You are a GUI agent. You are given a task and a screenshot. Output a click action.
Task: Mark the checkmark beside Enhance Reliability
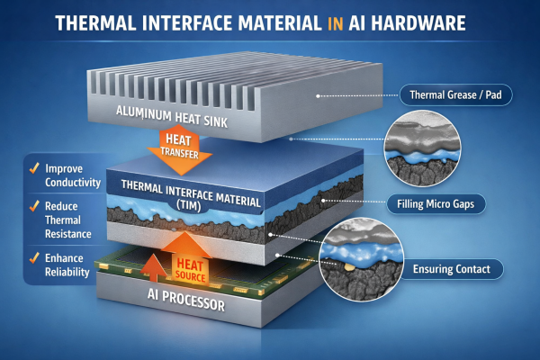[x=33, y=259]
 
